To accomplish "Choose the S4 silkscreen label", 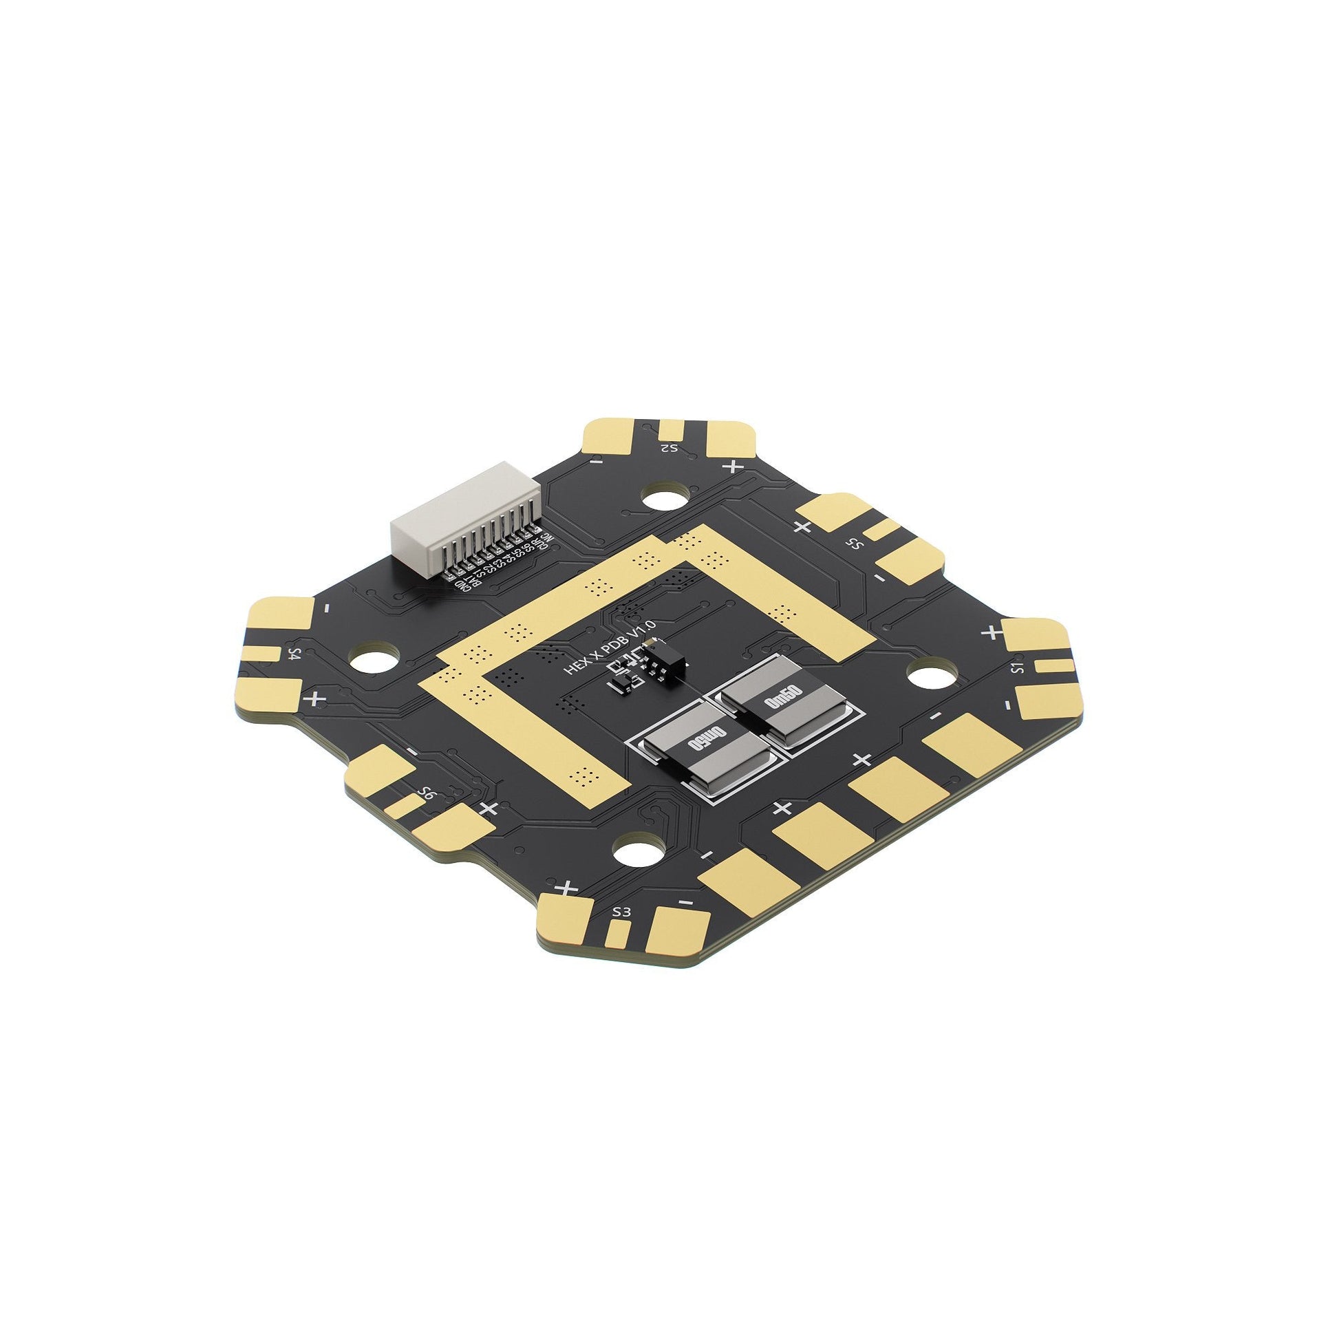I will (x=295, y=654).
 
